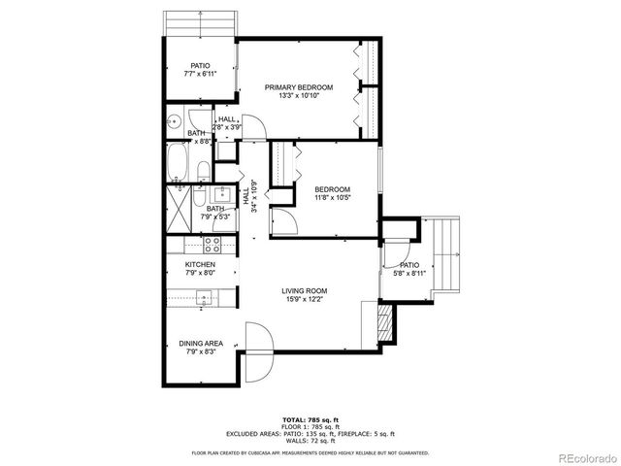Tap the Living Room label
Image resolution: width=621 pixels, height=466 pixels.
[304, 291]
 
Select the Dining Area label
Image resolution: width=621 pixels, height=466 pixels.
[201, 343]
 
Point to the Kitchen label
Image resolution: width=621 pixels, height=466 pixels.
[200, 264]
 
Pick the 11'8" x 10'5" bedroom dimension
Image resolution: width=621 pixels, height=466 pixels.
[332, 198]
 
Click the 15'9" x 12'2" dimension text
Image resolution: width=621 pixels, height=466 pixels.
[304, 299]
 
